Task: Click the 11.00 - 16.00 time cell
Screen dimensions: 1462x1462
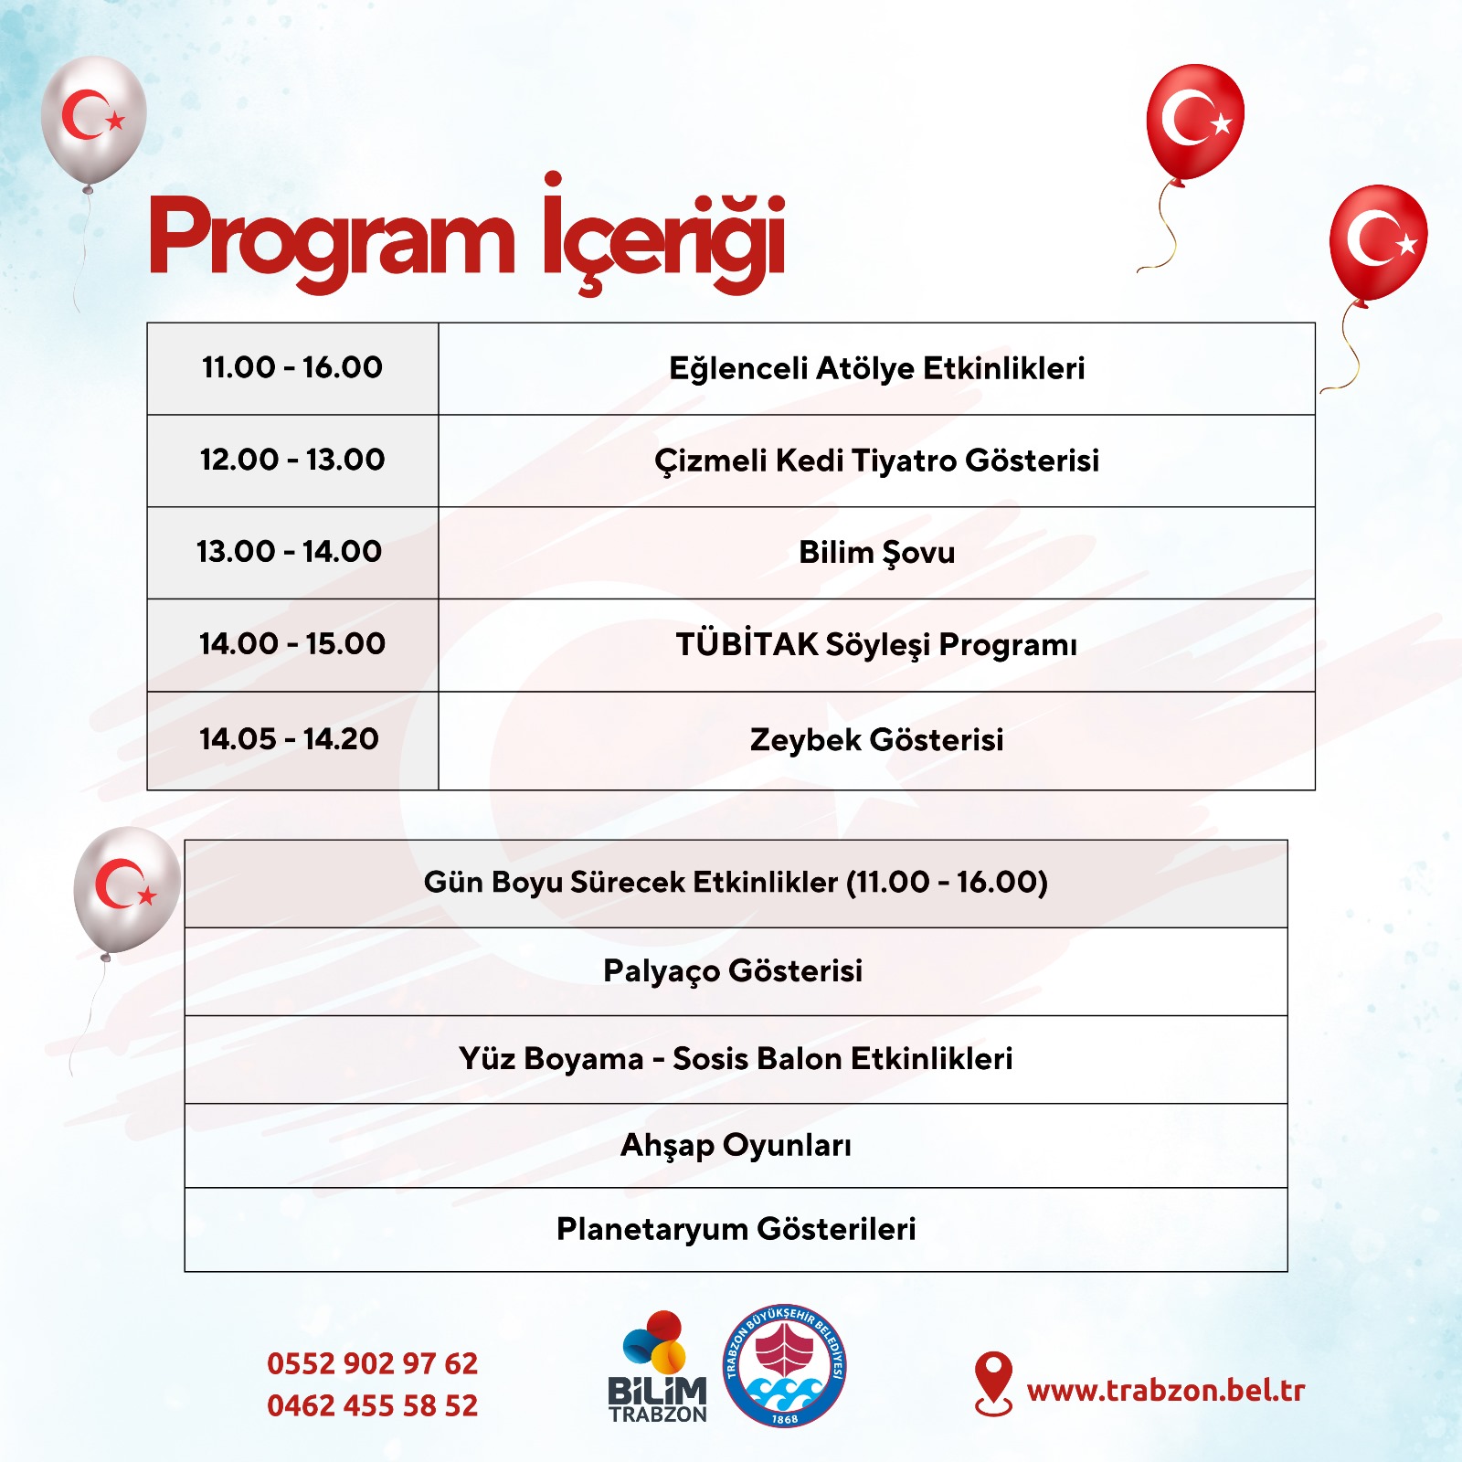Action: [292, 368]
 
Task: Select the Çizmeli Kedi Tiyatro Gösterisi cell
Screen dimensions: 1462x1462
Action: [876, 461]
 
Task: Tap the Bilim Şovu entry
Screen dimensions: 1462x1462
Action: [876, 553]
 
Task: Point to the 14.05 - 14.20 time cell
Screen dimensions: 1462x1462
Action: [292, 740]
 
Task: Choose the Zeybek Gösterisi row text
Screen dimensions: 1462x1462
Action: [876, 739]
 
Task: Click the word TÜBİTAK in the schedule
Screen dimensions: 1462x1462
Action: [747, 643]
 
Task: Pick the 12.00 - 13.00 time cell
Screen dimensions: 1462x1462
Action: [292, 461]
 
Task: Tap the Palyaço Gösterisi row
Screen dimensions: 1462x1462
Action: [736, 971]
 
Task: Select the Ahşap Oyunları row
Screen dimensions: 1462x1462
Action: [736, 1146]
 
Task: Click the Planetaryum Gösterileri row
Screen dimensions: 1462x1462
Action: [736, 1230]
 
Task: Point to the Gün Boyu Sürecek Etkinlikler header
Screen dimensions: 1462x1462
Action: [736, 884]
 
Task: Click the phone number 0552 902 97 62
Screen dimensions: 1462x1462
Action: [372, 1363]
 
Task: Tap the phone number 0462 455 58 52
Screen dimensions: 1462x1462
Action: [372, 1405]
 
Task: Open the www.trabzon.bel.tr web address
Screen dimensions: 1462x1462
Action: [1166, 1391]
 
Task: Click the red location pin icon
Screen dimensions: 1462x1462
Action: [993, 1383]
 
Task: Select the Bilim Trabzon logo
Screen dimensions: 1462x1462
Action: [659, 1367]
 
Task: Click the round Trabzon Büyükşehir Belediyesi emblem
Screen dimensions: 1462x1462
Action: [785, 1366]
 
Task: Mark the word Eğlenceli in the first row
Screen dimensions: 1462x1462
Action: [742, 369]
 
